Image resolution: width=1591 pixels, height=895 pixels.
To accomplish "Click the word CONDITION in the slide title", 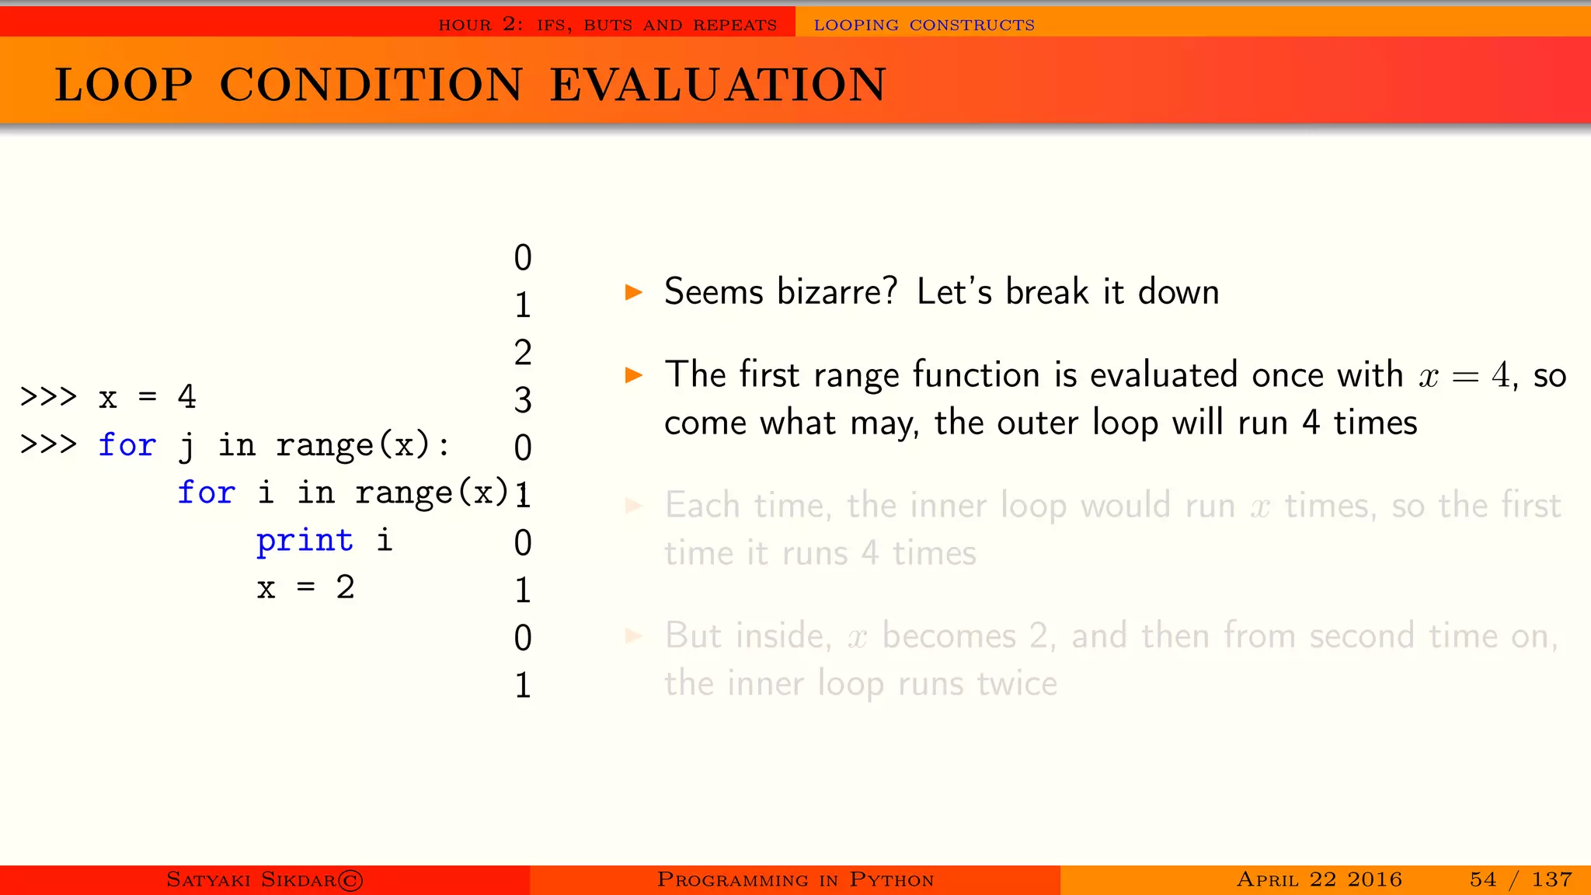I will click(371, 85).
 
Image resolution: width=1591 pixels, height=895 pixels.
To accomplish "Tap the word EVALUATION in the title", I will click(718, 85).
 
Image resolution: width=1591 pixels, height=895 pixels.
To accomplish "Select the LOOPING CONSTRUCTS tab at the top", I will click(924, 25).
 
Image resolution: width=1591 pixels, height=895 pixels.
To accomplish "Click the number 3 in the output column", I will click(523, 401).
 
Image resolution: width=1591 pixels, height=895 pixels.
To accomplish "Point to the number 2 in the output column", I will click(523, 353).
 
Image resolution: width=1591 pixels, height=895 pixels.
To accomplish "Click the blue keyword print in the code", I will click(305, 541).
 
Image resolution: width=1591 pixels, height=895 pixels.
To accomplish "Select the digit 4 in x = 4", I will click(186, 397).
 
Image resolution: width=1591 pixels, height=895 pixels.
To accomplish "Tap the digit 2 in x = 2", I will click(345, 587).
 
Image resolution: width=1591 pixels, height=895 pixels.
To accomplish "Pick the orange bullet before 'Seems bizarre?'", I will click(634, 293).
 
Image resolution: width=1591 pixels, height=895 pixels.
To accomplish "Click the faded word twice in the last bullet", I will click(1017, 684).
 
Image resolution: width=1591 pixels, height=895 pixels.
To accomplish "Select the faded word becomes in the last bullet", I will click(949, 636).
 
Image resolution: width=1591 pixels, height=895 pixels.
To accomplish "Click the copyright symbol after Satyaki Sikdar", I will click(350, 880).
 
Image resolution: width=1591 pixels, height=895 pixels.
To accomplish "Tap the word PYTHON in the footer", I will click(891, 880).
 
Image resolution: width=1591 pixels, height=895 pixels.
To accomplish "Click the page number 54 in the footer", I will click(1482, 879).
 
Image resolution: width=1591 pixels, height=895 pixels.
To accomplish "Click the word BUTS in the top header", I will click(608, 25).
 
